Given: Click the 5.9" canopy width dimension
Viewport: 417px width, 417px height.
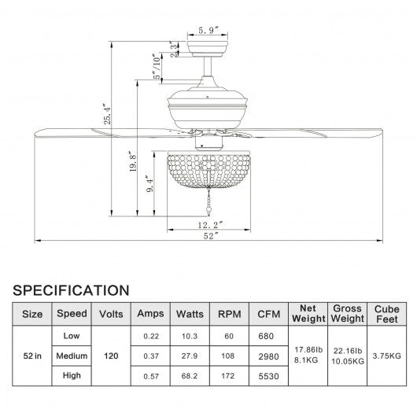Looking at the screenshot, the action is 208,31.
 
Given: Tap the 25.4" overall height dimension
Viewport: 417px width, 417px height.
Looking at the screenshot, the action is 107,114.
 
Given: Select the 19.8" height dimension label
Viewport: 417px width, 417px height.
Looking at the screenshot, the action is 133,161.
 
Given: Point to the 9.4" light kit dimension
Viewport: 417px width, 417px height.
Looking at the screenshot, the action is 149,184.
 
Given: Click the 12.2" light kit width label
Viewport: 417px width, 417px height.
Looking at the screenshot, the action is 210,225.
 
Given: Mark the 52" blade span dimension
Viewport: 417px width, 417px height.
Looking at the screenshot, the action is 211,235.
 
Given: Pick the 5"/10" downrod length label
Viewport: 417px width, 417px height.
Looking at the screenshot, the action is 157,67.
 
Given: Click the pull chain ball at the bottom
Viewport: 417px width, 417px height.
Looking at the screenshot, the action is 208,213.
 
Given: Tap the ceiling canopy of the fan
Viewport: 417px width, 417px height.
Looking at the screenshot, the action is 208,49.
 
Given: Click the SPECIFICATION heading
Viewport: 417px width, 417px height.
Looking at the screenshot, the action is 71,290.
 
